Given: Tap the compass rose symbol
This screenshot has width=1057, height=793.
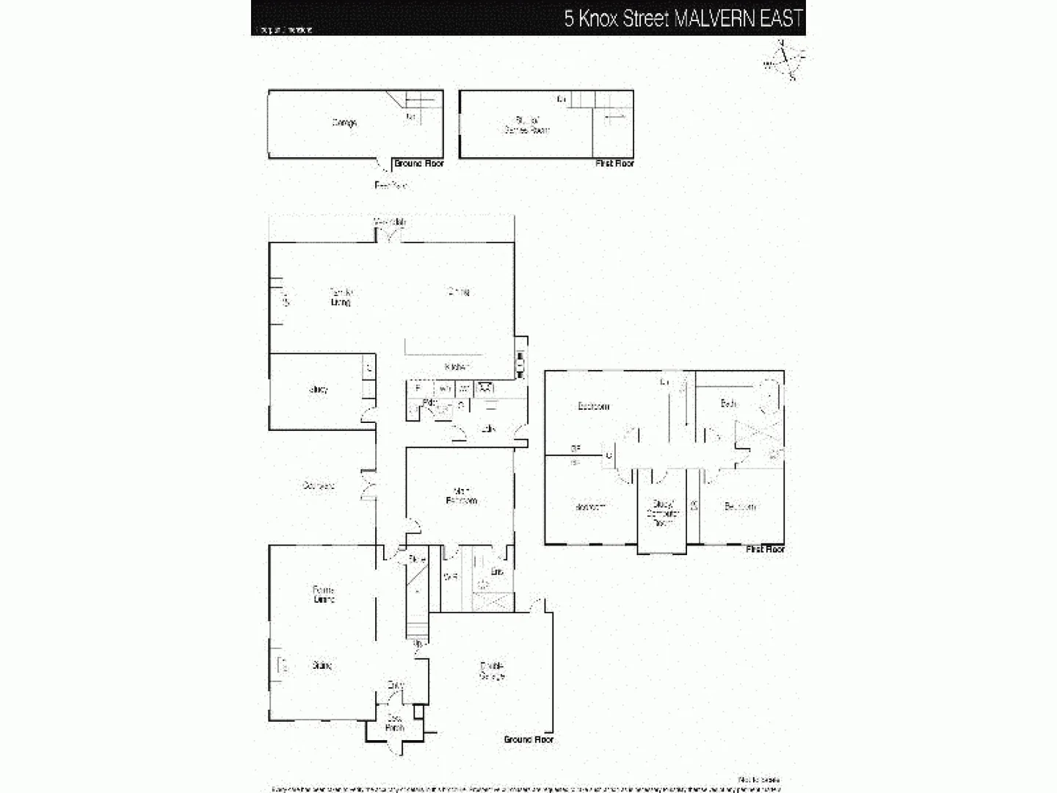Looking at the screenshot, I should [784, 62].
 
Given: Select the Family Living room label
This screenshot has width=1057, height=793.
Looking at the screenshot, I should [341, 297].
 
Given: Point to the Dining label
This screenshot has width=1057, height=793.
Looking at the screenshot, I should [458, 292].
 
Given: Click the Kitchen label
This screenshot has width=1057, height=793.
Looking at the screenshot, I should [457, 366].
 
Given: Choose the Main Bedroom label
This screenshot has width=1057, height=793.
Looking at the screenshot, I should [462, 496].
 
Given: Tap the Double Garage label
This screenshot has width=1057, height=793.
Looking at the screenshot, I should [492, 670].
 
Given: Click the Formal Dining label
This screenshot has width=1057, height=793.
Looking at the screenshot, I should [324, 594].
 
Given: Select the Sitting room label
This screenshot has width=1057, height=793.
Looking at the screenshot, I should [322, 665].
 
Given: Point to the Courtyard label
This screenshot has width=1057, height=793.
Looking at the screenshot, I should [319, 485].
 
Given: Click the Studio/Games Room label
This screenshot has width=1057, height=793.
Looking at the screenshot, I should [528, 124].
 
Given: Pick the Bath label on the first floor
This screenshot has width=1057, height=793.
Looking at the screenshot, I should [728, 403].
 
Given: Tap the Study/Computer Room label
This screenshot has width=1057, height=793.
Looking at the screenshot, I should [662, 513].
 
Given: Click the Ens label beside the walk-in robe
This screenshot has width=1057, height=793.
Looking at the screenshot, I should [497, 571].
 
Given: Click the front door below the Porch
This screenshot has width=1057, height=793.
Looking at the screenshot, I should [396, 745].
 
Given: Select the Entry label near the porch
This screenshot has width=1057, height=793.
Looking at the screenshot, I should [396, 685].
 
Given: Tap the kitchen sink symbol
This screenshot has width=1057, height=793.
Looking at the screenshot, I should [485, 387].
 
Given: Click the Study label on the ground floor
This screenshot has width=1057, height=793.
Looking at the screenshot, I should [319, 390].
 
